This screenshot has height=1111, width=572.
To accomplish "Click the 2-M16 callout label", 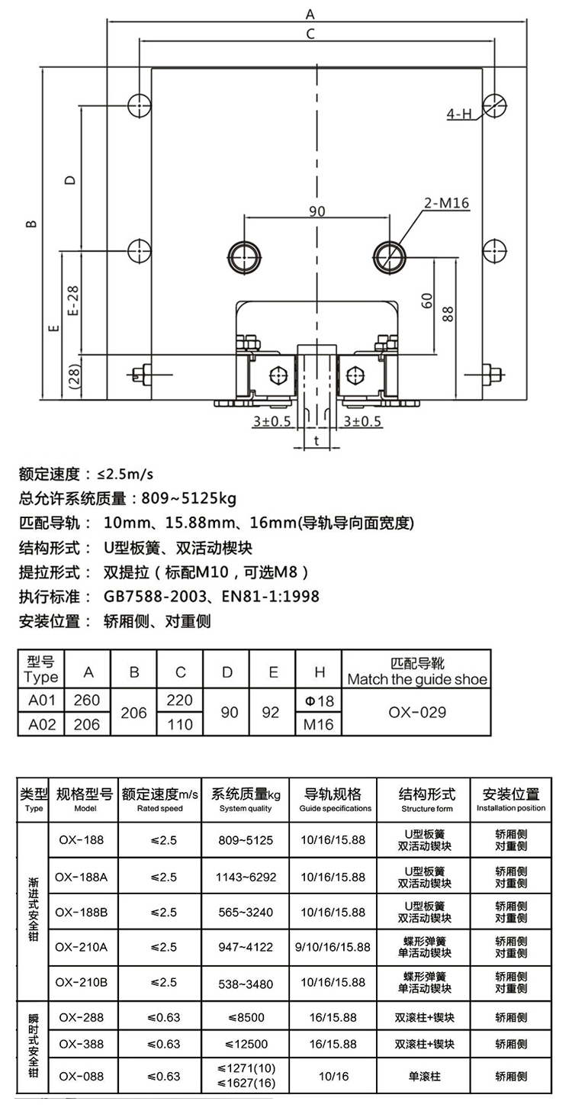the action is (446, 203).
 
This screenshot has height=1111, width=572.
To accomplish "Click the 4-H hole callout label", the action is (459, 114).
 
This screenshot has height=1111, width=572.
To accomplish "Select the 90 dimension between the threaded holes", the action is (317, 211).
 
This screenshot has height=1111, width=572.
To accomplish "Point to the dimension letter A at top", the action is (310, 14).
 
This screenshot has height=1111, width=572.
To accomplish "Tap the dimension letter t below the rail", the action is (317, 440).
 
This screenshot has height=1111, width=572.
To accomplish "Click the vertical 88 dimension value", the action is (447, 314).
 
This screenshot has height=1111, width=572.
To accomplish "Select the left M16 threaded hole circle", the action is (244, 257).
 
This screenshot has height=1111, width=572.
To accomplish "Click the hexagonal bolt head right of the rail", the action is (355, 375).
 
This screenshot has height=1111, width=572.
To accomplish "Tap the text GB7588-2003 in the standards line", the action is (155, 596).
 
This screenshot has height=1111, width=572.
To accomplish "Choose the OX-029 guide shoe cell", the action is (417, 712).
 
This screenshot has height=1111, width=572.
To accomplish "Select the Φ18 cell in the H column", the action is (320, 700).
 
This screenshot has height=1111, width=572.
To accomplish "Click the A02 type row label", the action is (42, 725).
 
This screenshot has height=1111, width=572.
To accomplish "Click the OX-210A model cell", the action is (82, 947).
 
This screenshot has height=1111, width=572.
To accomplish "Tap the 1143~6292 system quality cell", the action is (246, 877).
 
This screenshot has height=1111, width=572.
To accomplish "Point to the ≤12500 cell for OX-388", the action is (246, 1044).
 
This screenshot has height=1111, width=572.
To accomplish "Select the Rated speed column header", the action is (160, 808).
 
